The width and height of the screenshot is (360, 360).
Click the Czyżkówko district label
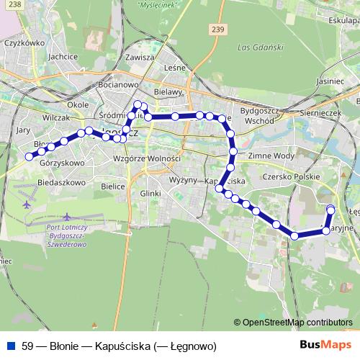21,42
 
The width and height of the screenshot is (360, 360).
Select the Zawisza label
140,57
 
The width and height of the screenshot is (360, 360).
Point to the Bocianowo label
117,84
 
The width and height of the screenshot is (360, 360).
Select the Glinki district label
150,193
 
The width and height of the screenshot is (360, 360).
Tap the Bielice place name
113,186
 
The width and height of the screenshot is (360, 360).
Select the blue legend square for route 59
10,346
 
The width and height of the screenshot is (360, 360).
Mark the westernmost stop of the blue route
30,156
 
